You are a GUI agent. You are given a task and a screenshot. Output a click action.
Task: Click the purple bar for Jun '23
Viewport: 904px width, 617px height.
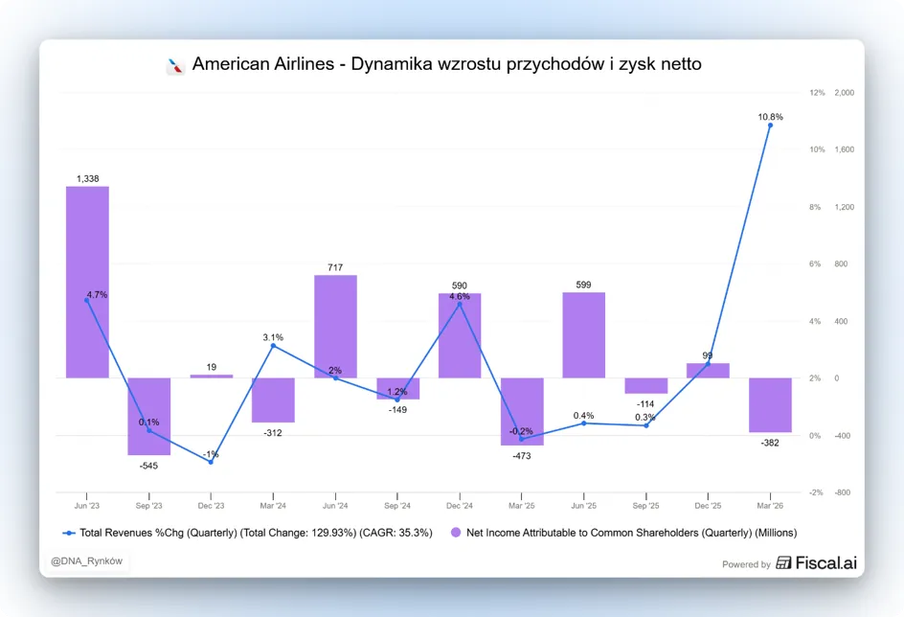tap(87, 282)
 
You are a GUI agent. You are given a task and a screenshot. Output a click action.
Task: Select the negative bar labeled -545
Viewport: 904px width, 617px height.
tap(148, 417)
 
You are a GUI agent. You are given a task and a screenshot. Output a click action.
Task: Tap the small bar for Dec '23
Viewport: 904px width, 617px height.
tap(211, 377)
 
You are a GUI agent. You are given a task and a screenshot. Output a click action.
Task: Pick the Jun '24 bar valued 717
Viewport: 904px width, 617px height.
tap(335, 327)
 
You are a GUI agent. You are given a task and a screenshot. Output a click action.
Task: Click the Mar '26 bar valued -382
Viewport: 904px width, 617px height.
tap(770, 405)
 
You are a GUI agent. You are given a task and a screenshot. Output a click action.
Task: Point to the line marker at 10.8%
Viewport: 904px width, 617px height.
tap(770, 126)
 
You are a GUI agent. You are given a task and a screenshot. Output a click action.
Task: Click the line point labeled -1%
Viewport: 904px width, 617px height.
tap(211, 462)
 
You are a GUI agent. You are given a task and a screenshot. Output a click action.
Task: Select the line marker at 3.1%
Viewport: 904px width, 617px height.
tap(273, 346)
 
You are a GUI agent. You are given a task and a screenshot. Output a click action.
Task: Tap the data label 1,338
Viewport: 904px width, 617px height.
tap(88, 179)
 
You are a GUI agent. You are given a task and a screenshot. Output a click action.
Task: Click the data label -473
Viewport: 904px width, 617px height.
tap(522, 456)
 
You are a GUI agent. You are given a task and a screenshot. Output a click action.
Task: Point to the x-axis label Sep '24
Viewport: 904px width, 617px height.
tap(397, 506)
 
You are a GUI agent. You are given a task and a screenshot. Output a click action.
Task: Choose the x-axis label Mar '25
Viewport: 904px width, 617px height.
tap(521, 506)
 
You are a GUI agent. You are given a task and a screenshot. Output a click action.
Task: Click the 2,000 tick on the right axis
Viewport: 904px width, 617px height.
tap(844, 92)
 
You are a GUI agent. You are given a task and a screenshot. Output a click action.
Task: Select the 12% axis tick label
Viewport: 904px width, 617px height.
tap(817, 92)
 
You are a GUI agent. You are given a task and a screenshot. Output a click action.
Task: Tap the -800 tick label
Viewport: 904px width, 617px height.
tap(843, 492)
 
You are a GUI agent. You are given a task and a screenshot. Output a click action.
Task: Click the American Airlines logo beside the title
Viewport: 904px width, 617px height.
tap(175, 66)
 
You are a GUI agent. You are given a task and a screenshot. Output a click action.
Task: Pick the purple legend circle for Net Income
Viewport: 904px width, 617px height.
tap(456, 533)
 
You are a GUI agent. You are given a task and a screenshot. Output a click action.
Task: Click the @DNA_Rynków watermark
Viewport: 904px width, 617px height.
tap(86, 561)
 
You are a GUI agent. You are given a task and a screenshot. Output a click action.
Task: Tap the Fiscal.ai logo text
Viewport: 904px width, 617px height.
tap(826, 562)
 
